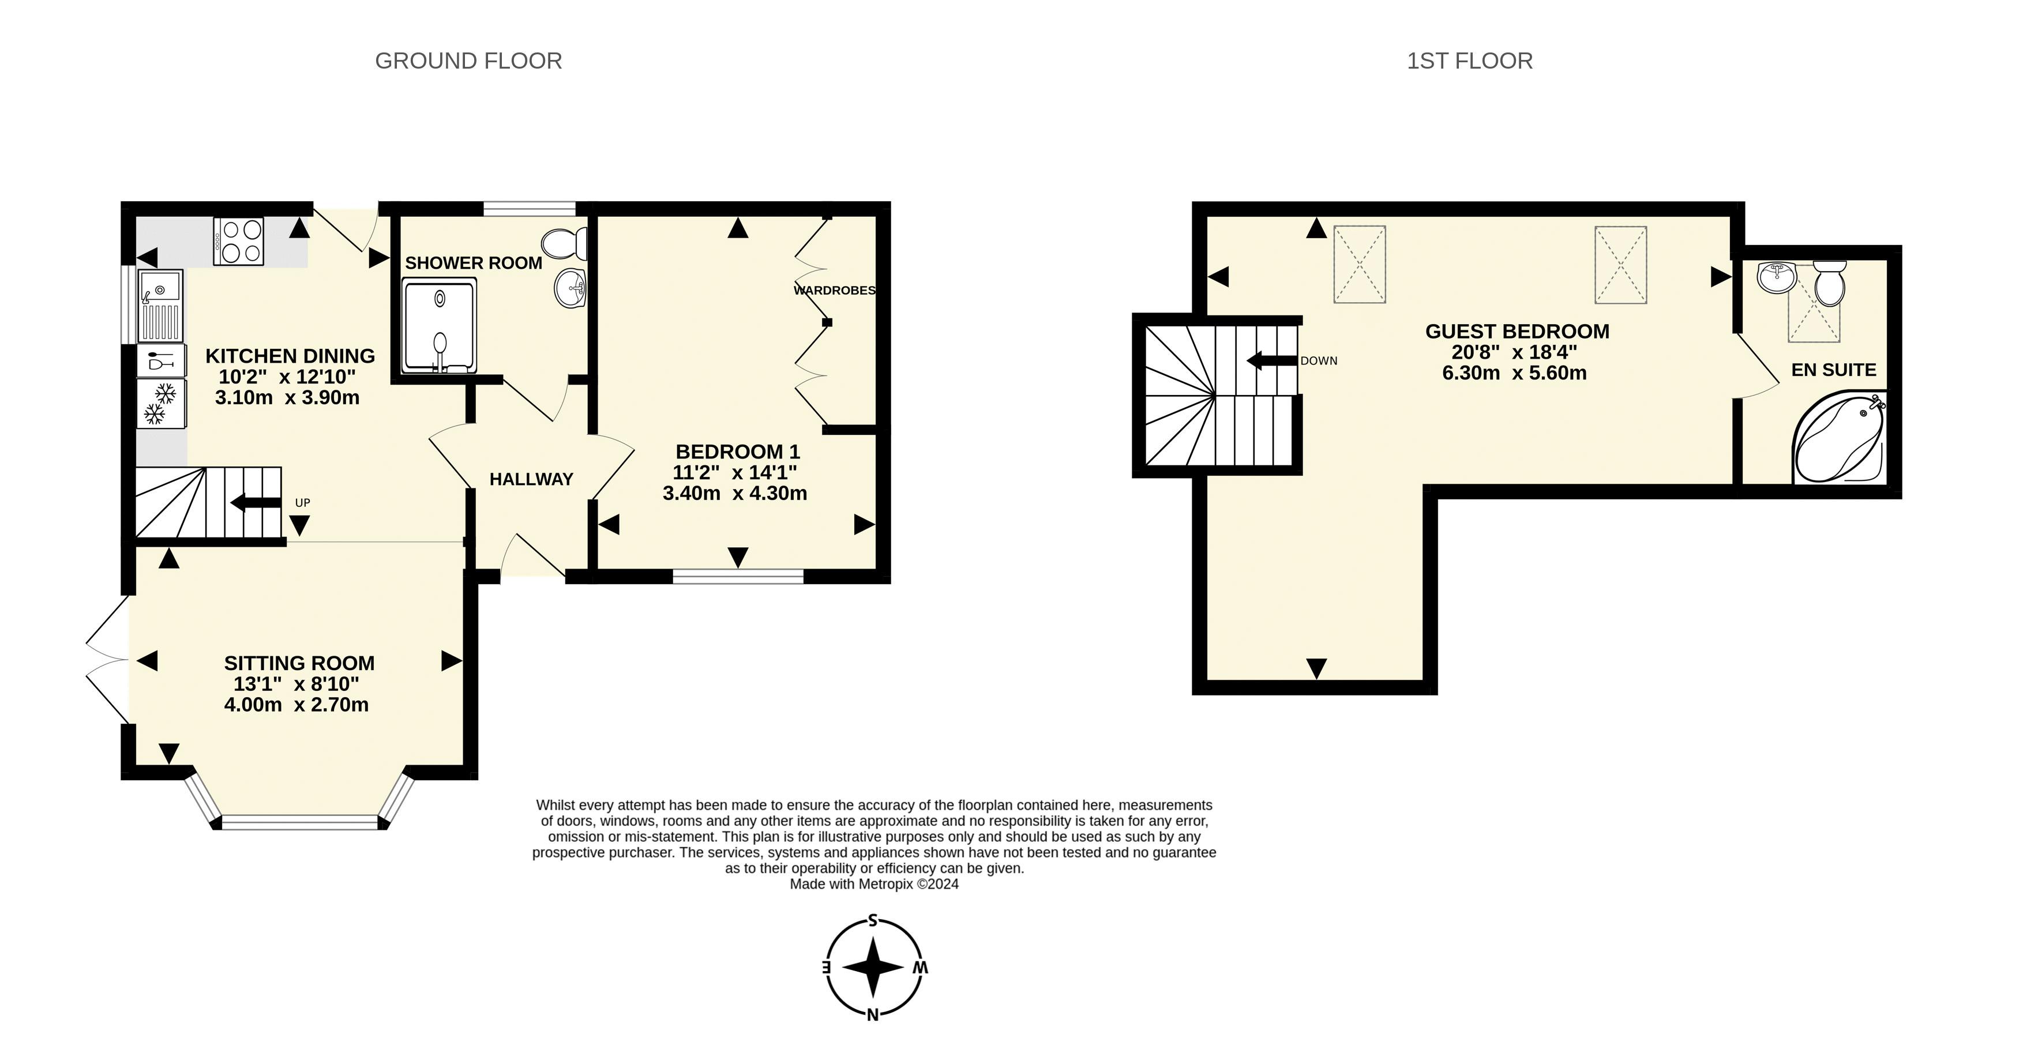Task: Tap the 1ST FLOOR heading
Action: [x=1469, y=61]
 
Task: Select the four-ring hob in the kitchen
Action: [x=239, y=241]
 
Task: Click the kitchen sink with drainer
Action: [x=160, y=306]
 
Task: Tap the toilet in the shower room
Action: [x=564, y=244]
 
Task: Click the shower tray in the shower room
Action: [x=439, y=326]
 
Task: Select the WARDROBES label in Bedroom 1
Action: [x=834, y=291]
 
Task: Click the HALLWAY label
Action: [x=531, y=479]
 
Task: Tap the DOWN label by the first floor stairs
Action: [x=1319, y=361]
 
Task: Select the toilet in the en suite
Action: [x=1830, y=284]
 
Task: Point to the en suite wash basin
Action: [x=1777, y=277]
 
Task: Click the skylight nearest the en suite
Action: [x=1620, y=265]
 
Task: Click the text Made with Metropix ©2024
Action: [x=873, y=884]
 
